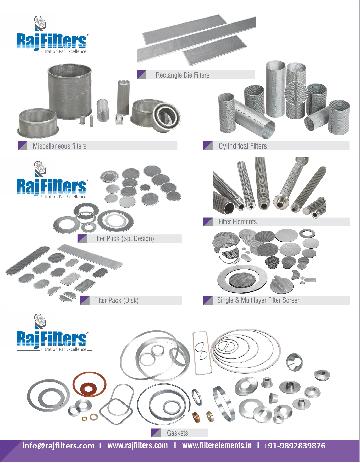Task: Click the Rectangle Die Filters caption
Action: click(189, 75)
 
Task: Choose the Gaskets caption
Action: click(163, 432)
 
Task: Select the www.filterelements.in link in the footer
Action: click(216, 445)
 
